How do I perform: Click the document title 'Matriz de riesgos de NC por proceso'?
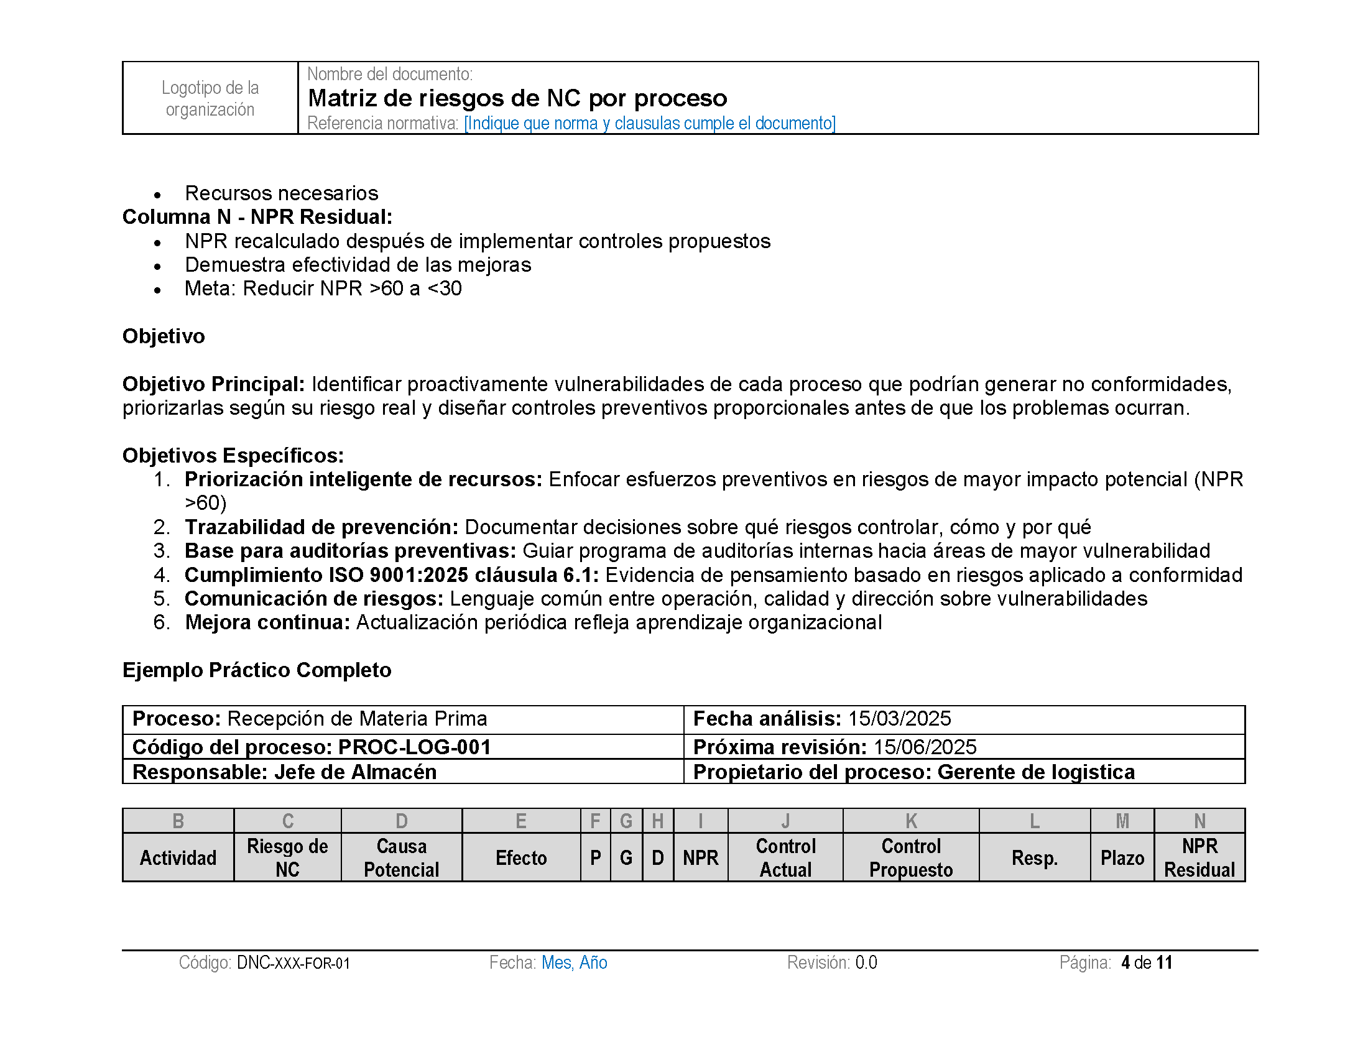(517, 98)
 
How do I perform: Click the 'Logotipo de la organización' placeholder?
(210, 98)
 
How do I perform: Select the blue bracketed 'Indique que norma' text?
(650, 123)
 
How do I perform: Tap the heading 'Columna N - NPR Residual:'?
(257, 216)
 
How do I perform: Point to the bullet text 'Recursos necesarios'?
(281, 193)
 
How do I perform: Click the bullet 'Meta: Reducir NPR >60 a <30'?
(323, 288)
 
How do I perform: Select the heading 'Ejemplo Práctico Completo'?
(257, 670)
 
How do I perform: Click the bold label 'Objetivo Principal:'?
(213, 384)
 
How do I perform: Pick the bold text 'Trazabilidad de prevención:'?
(321, 527)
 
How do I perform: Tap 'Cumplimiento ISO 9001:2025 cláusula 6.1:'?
(392, 575)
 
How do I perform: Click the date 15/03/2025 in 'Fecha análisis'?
(900, 719)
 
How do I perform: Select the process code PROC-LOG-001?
(414, 747)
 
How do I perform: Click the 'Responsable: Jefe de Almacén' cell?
(284, 772)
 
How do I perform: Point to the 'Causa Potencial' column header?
(402, 858)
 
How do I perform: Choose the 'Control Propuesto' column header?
(911, 858)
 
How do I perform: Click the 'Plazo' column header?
(1122, 858)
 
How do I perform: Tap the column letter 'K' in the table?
(911, 821)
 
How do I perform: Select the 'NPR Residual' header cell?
(1199, 858)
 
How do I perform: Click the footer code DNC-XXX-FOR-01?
(293, 963)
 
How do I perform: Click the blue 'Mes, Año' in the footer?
(575, 962)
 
